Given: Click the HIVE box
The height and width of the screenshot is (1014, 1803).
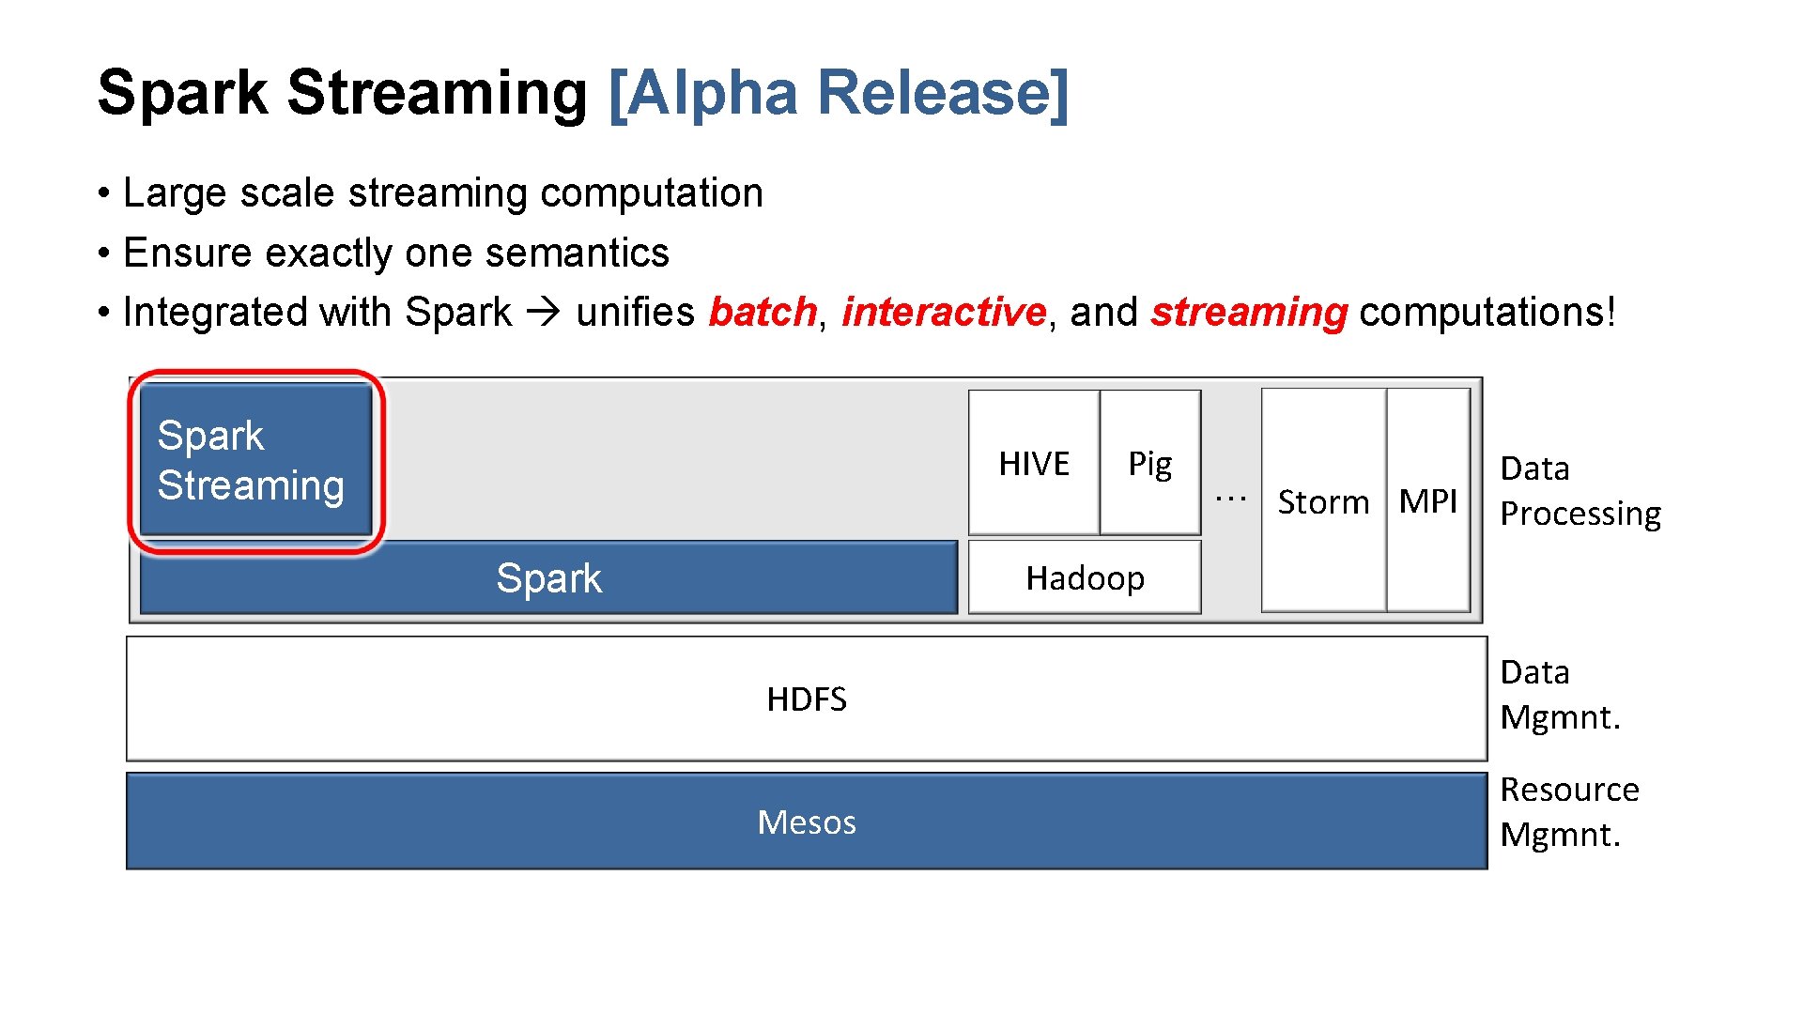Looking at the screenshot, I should coord(1033,463).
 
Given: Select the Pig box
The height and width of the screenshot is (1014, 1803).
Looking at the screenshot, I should coord(1149,463).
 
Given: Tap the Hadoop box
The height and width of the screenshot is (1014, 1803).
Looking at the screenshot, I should coord(1085,577).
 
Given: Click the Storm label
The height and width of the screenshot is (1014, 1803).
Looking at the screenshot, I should coord(1323,502).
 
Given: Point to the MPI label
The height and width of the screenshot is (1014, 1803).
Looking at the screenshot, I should coord(1427,501).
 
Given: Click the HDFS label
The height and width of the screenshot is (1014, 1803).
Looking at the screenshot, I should coord(806,699).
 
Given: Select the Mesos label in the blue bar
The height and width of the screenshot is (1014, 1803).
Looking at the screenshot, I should coord(806,822).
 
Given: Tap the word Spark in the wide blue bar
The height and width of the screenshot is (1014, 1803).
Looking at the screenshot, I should coord(548,578).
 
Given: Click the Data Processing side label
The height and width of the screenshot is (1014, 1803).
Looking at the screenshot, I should coord(1580,491).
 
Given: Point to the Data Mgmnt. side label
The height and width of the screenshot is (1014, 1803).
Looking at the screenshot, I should coord(1560,695).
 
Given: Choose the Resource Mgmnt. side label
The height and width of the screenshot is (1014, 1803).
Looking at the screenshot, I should coord(1568,812).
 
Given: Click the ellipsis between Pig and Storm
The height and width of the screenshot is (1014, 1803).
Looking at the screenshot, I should coord(1230,498).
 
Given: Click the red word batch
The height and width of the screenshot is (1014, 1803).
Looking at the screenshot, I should coord(762,312).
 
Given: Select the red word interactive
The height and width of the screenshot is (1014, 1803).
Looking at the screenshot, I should coord(943,312).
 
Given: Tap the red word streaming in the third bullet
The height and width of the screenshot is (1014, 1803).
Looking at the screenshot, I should coord(1249,312).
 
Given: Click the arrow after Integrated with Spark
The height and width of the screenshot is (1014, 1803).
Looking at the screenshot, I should coord(543,312).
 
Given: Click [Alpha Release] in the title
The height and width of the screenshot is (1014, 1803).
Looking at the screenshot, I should coord(839,93).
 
